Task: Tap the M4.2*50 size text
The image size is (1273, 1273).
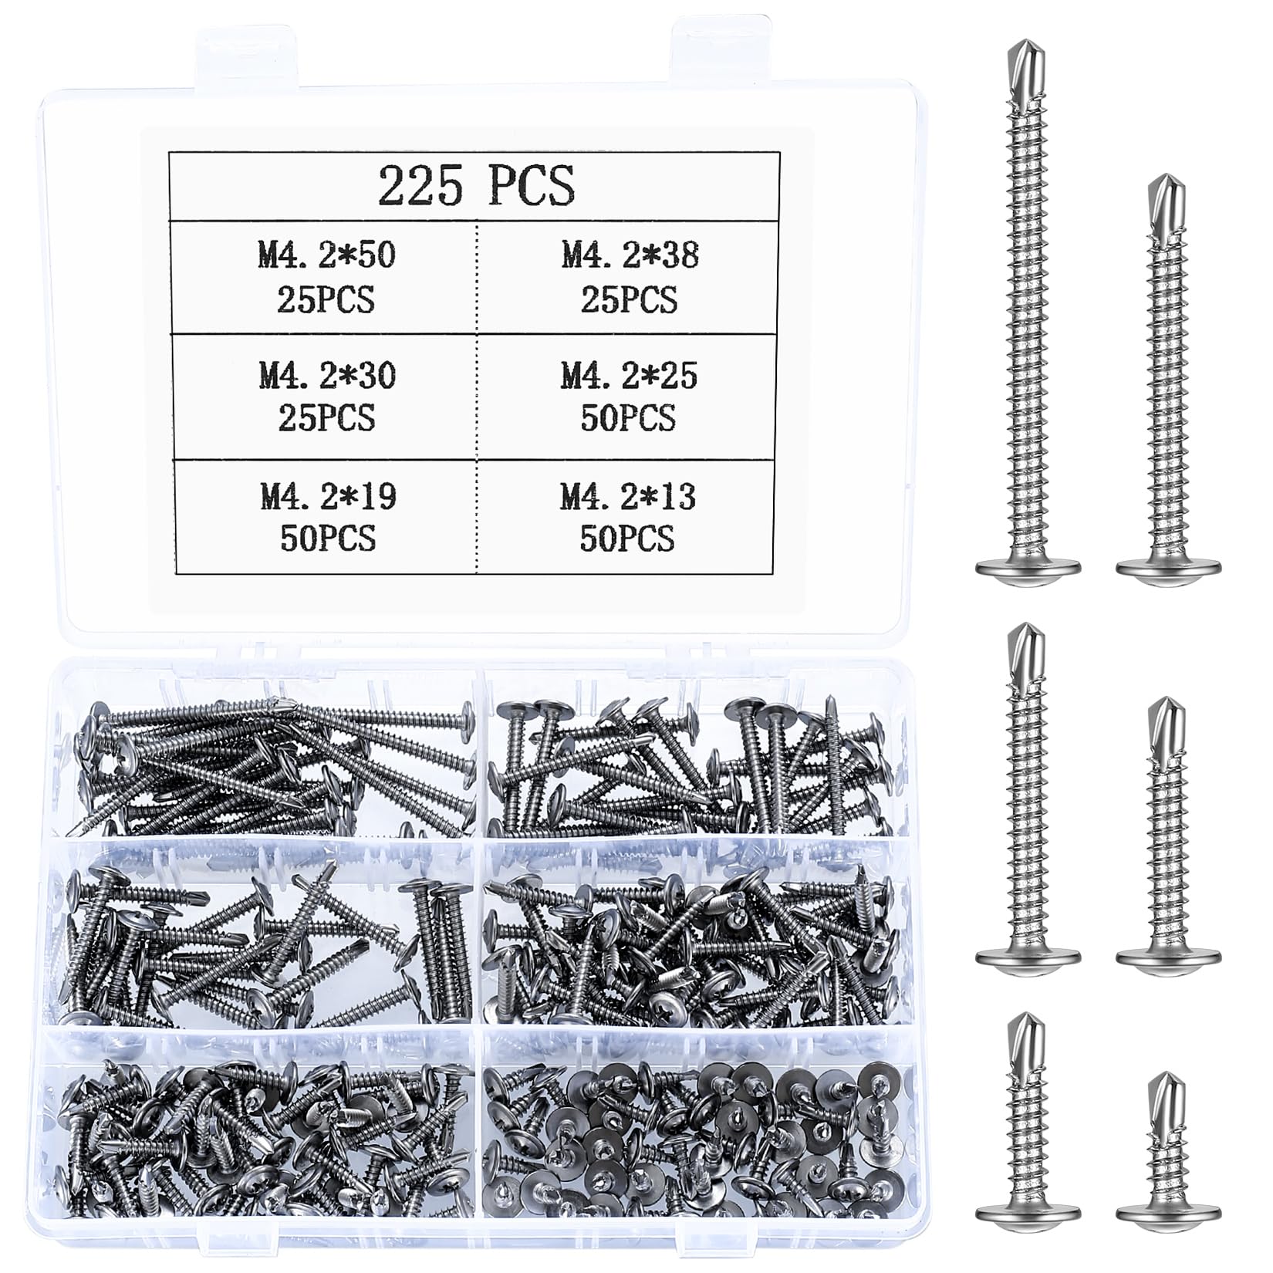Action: (327, 255)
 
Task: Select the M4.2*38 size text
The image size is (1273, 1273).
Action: (630, 255)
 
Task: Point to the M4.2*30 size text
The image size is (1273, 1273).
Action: (327, 375)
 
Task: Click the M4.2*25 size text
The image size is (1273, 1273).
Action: (630, 375)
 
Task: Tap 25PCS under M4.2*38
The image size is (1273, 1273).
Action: (629, 298)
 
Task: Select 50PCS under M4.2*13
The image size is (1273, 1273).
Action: (627, 539)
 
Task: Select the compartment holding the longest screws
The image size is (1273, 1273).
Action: (270, 768)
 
